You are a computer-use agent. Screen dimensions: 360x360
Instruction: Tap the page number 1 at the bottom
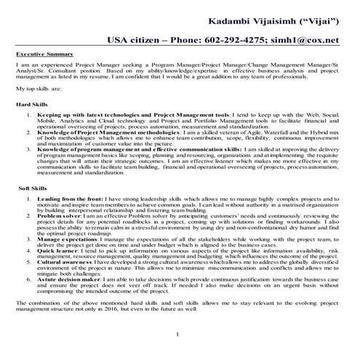click(x=177, y=334)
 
